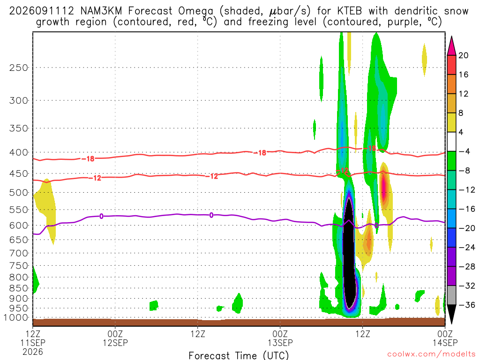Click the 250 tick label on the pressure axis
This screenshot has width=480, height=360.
click(x=18, y=67)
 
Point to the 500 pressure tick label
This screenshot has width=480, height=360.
click(x=18, y=193)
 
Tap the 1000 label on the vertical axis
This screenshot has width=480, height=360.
click(x=16, y=318)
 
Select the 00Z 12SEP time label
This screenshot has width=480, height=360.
click(x=115, y=338)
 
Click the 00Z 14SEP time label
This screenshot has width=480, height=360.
click(x=445, y=338)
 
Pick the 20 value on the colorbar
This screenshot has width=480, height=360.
click(x=463, y=55)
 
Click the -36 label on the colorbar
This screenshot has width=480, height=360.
click(x=467, y=305)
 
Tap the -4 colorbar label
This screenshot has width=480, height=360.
click(x=464, y=151)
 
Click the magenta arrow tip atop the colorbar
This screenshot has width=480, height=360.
click(x=451, y=37)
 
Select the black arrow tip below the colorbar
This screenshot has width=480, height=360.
click(x=451, y=323)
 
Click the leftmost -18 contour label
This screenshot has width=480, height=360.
click(x=88, y=158)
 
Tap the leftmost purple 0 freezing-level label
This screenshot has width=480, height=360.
click(x=101, y=217)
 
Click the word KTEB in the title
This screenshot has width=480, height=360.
click(x=349, y=11)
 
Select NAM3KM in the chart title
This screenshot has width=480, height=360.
click(x=101, y=11)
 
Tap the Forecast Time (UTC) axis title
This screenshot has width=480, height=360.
click(x=239, y=355)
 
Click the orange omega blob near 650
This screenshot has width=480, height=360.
click(x=369, y=240)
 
